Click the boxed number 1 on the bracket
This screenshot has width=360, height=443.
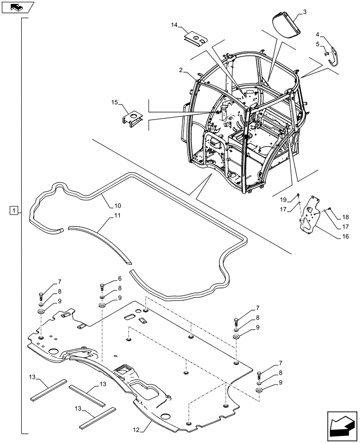15,210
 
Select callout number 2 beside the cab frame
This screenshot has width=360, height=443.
181,70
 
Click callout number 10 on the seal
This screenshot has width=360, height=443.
117,206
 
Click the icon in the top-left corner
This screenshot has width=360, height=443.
17,7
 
